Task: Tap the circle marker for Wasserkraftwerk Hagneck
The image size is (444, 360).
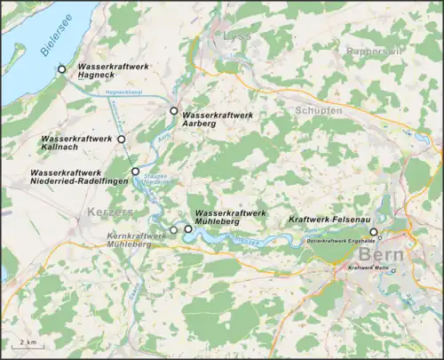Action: click(x=61, y=69)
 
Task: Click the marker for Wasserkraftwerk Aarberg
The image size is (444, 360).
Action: click(x=174, y=111)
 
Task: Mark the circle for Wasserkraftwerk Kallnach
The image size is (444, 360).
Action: click(x=122, y=140)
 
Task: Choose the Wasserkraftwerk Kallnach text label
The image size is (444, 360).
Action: click(x=75, y=143)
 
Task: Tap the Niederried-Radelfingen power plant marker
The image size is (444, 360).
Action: click(x=135, y=171)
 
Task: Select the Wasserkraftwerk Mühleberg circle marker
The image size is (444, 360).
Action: click(x=188, y=229)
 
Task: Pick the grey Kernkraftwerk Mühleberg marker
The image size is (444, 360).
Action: click(x=174, y=229)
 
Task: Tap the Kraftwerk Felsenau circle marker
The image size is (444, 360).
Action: click(x=374, y=232)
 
